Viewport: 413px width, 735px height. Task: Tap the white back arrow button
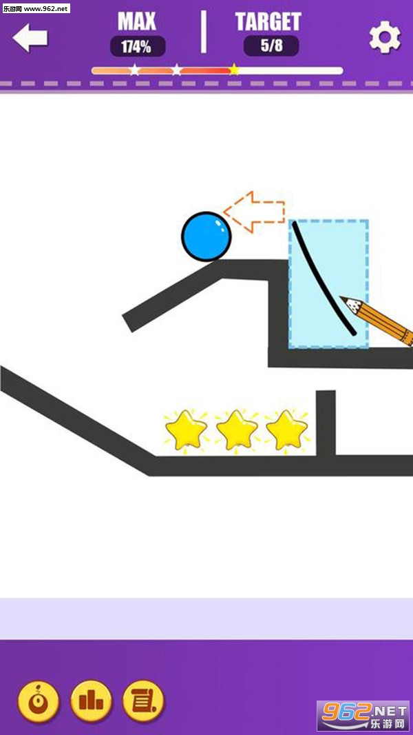pos(30,37)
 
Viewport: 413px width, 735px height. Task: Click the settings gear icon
pos(385,38)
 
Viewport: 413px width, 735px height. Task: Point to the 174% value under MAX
pos(138,47)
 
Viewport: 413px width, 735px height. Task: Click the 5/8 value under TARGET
pos(271,47)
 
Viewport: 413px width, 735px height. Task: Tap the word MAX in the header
pos(136,21)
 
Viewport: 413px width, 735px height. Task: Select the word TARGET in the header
pos(268,21)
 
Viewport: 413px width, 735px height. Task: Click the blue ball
pos(206,236)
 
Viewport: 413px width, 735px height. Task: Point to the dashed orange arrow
pos(254,211)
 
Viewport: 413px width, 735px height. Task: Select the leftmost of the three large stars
pos(186,430)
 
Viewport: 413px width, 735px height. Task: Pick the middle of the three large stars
pos(237,430)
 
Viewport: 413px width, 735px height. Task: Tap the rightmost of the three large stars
pos(287,430)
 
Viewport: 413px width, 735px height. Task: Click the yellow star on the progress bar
pos(235,70)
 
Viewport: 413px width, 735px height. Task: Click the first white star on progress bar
pos(134,70)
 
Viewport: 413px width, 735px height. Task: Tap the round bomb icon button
pos(39,701)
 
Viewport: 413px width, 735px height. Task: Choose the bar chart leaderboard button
pos(91,701)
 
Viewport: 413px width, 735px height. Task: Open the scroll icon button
pos(143,701)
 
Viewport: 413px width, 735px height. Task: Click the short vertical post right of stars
pos(326,423)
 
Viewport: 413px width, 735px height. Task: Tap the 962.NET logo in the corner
pos(363,716)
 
